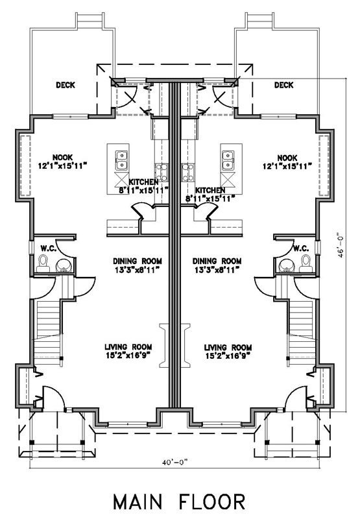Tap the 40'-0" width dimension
tap(174, 463)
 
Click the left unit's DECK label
tap(66, 85)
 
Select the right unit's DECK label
tap(284, 85)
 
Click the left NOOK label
tap(62, 158)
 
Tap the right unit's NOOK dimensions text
tap(287, 166)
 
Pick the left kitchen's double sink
tap(121, 160)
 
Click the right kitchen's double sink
tap(228, 160)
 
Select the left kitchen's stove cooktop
tap(162, 173)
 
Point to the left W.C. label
tap(48, 248)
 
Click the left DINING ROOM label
tap(138, 261)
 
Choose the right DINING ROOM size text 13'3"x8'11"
tap(217, 270)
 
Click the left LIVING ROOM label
tap(128, 347)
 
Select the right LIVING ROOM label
tap(228, 348)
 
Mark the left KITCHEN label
tap(143, 182)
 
